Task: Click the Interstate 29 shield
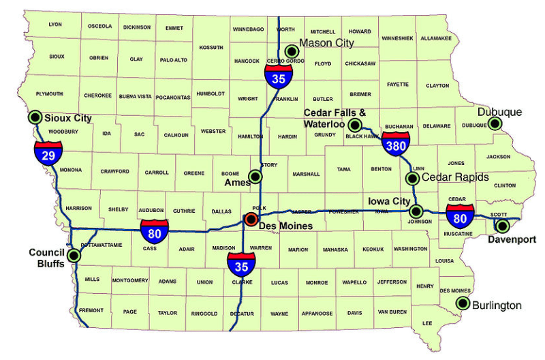coord(48,154)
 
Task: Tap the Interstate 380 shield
coord(395,144)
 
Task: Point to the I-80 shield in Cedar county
coord(460,217)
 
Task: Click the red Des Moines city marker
coord(251,219)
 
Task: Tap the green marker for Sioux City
coord(34,117)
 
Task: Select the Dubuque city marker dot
coord(495,123)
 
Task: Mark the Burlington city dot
coord(463,303)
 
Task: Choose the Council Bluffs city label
coord(46,258)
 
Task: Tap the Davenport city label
coord(512,239)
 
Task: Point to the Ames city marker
coord(255,177)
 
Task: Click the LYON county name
coord(55,25)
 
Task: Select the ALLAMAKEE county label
coord(437,38)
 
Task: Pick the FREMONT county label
coord(91,310)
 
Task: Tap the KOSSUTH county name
coord(211,47)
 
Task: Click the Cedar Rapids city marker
coord(412,179)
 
